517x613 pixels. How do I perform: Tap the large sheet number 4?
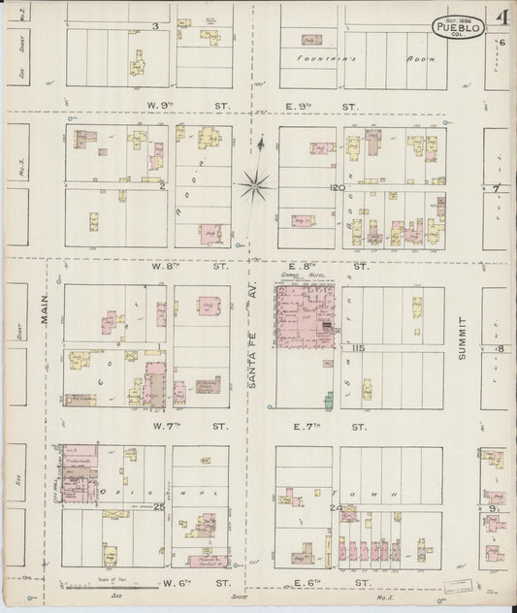(500, 18)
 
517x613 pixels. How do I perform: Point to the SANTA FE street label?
(251, 358)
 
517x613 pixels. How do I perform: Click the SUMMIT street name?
(462, 345)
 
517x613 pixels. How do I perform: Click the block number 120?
(337, 187)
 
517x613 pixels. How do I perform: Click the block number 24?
(336, 507)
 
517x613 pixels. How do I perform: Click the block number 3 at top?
(155, 26)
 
